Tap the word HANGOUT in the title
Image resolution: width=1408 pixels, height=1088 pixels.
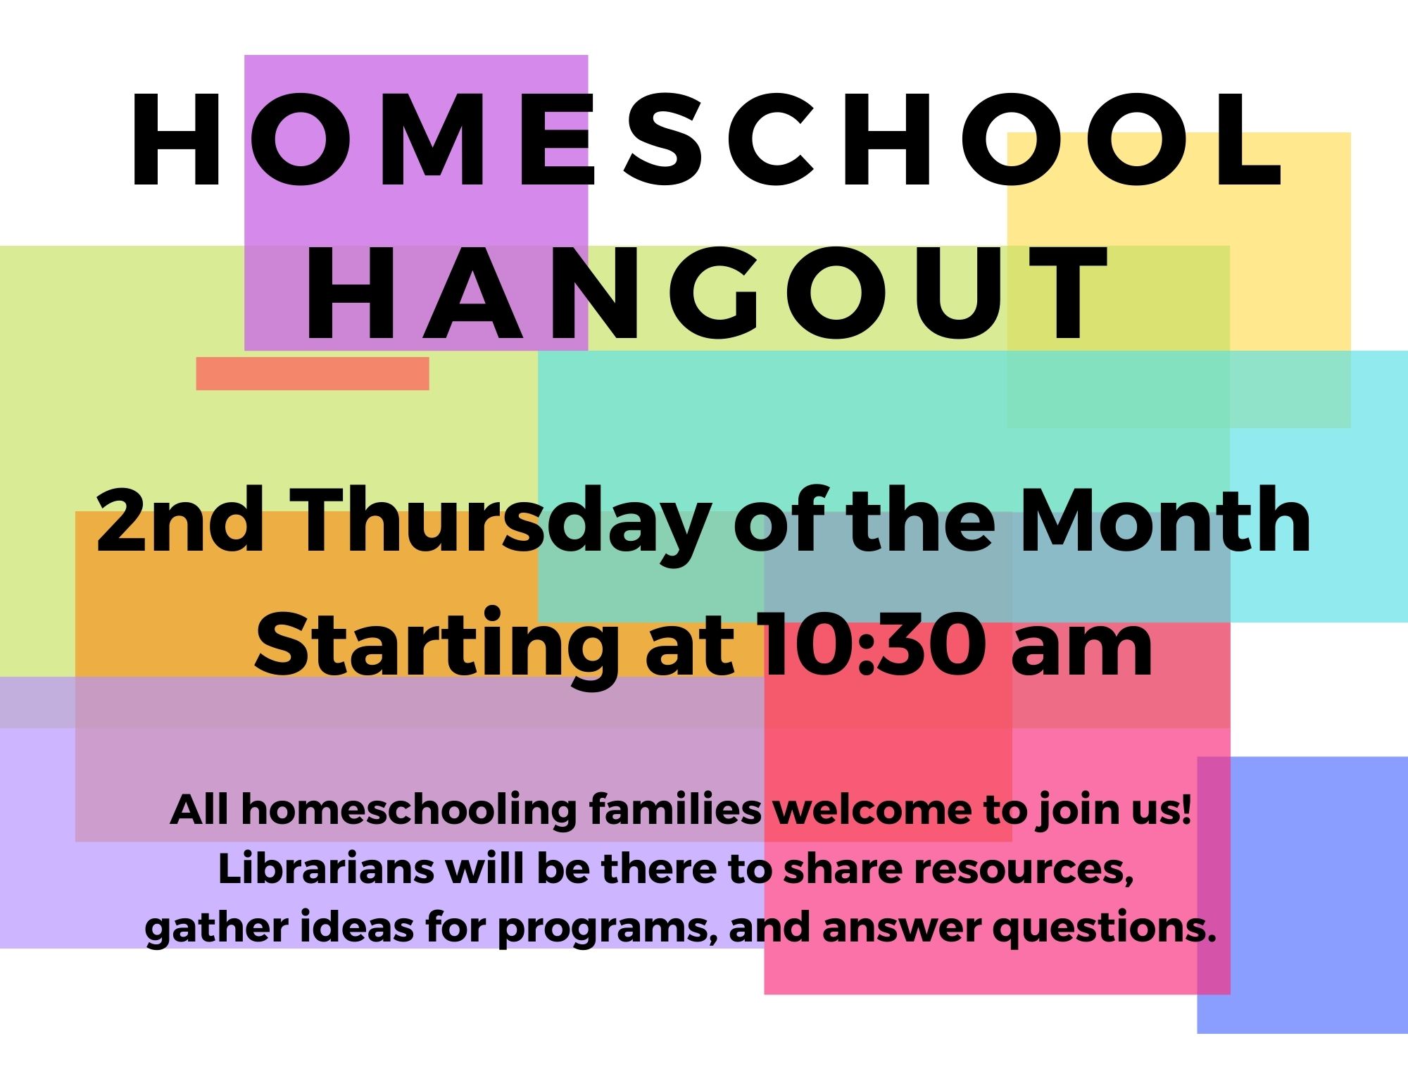tap(706, 294)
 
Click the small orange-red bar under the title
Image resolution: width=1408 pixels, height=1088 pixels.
tap(313, 373)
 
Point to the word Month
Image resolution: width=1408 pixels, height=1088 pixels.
tap(1165, 521)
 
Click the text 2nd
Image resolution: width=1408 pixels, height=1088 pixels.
tap(180, 521)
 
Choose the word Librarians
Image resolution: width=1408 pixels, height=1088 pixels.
tap(326, 868)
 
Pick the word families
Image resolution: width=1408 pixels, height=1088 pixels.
tap(675, 809)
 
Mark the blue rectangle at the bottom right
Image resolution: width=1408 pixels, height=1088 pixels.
tap(1302, 895)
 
